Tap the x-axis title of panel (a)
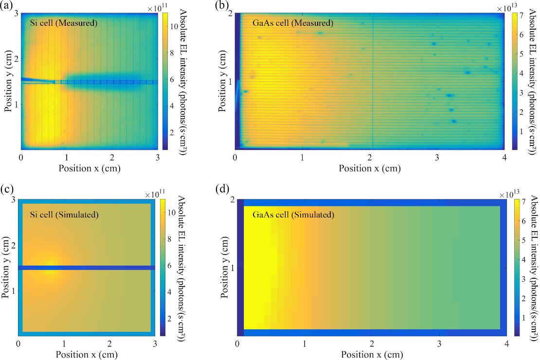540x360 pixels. (89, 168)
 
